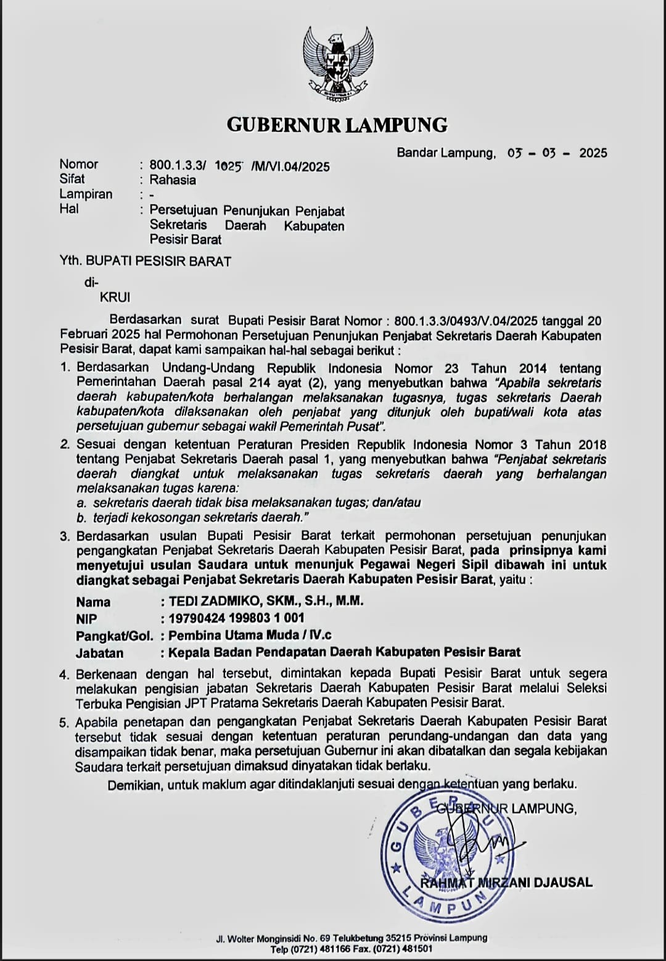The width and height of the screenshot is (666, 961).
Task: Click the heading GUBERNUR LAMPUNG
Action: [x=337, y=125]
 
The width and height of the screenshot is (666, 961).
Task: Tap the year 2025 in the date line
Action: [x=593, y=153]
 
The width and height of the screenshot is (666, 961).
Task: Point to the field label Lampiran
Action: [x=86, y=194]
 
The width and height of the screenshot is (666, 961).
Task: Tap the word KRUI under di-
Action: [x=115, y=297]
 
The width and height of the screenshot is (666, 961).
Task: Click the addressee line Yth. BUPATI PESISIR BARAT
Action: [x=146, y=261]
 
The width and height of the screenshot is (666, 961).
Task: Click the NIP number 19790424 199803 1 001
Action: [x=236, y=618]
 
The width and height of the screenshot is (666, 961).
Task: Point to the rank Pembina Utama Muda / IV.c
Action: [x=250, y=635]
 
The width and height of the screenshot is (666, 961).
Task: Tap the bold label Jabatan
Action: [x=99, y=653]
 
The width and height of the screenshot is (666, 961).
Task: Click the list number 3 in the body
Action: [x=64, y=536]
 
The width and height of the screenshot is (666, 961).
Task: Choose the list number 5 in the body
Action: [x=64, y=722]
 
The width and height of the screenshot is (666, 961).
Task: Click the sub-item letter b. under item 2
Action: [x=81, y=518]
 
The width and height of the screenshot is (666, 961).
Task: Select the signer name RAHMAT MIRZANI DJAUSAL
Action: [x=506, y=883]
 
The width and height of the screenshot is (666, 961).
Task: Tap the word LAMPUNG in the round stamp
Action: [x=443, y=906]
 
